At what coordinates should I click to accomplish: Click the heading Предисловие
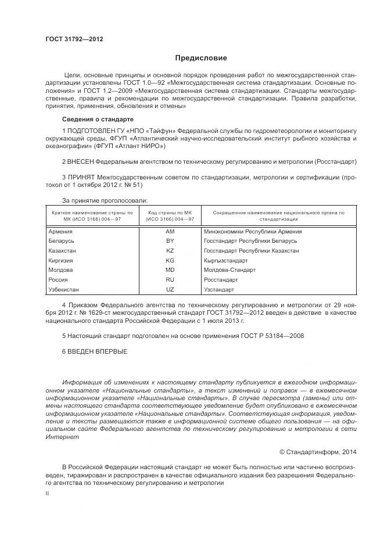[x=201, y=58]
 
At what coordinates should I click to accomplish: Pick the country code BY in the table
[x=170, y=240]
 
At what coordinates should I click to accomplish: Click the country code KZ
[x=170, y=250]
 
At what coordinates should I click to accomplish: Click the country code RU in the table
[x=170, y=279]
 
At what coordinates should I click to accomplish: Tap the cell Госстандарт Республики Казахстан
[x=252, y=250]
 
